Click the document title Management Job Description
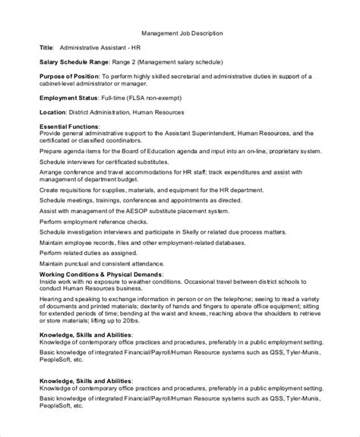(x=182, y=34)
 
